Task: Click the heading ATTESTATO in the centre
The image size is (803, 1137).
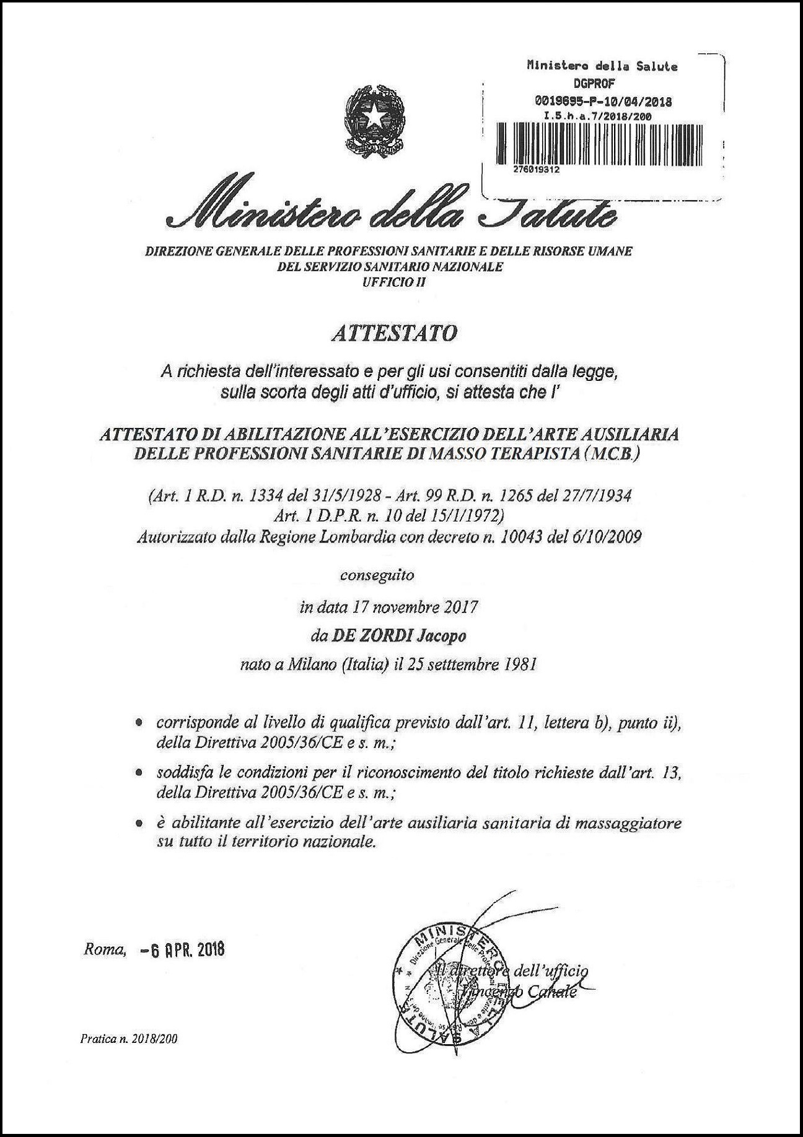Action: click(395, 333)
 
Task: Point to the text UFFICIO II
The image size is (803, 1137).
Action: click(389, 282)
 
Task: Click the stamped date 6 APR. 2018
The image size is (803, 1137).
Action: click(181, 949)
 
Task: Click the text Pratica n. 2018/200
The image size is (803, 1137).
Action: click(129, 1039)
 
